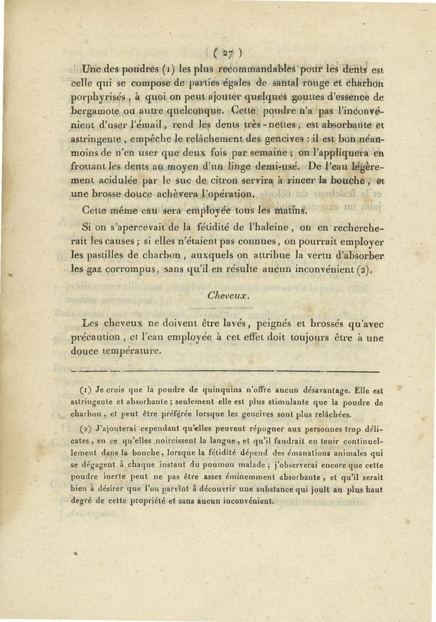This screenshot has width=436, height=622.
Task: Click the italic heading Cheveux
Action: click(x=228, y=297)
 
